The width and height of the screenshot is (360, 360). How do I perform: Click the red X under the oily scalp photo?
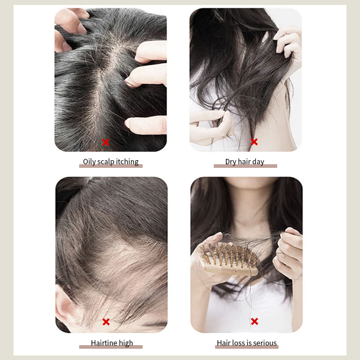tap(106, 142)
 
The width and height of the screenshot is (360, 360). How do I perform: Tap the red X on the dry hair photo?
tap(254, 142)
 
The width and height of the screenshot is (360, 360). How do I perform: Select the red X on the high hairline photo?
tap(106, 322)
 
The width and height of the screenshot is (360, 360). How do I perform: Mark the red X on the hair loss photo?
tap(254, 321)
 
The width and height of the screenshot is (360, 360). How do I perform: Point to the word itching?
tap(127, 162)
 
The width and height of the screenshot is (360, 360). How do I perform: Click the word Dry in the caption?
tap(230, 162)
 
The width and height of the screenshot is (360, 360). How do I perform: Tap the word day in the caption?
tap(258, 162)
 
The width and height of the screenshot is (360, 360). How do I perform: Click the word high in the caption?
tap(126, 343)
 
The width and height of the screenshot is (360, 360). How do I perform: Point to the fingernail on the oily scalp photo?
tap(130, 82)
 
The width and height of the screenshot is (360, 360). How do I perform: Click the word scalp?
tap(106, 162)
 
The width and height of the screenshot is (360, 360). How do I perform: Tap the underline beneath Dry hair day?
tap(245, 166)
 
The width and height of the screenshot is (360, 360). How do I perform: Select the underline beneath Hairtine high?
tap(111, 347)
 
